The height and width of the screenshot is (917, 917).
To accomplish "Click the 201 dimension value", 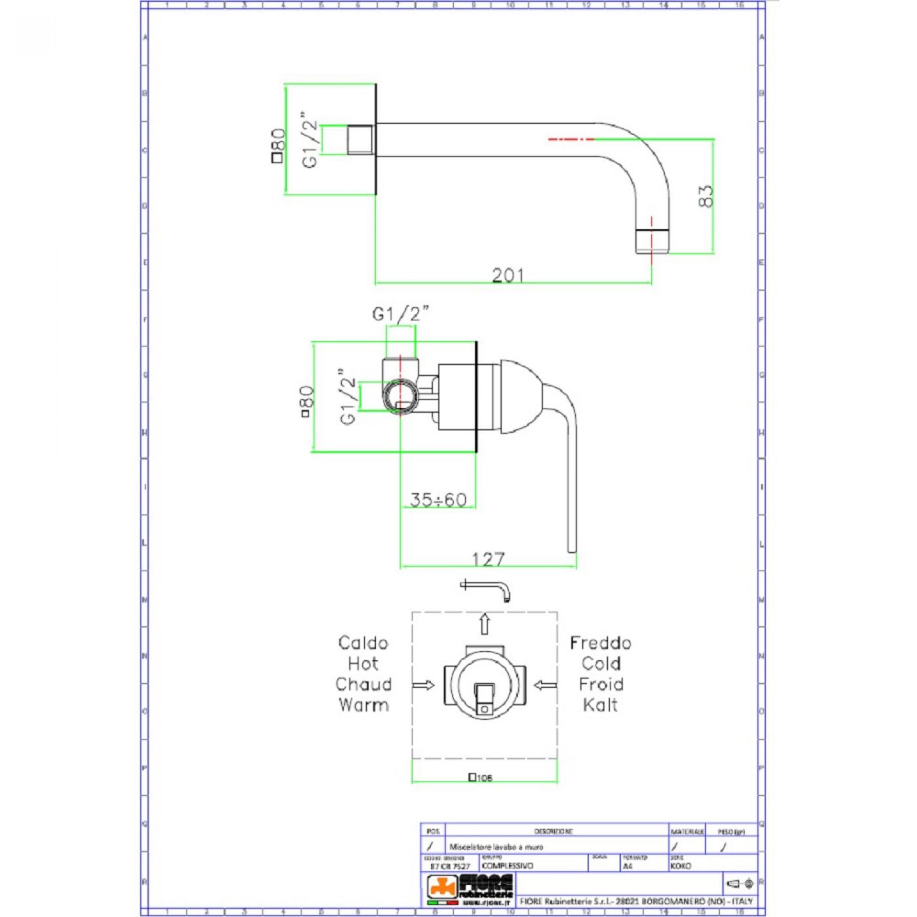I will tap(508, 275).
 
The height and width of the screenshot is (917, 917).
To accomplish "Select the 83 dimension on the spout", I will tap(705, 196).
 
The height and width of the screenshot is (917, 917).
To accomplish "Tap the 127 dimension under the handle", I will tap(489, 559).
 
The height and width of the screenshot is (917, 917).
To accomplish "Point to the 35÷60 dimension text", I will tap(438, 500).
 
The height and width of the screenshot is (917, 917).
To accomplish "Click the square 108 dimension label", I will tap(481, 777).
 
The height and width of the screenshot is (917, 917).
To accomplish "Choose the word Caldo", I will tap(363, 643).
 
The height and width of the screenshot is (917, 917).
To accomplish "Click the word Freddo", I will tap(600, 643).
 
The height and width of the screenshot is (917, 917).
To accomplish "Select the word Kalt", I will tap(600, 705).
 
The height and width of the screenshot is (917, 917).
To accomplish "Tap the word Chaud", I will tap(363, 684).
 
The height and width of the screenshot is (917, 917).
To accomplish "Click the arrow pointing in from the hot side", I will tap(423, 685).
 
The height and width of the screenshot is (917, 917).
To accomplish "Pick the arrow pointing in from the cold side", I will tap(545, 685).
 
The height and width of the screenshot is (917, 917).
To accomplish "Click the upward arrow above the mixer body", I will tap(484, 624).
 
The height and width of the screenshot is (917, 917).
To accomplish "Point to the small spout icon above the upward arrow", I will tap(485, 588).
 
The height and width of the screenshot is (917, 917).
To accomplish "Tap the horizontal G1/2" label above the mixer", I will tap(400, 314).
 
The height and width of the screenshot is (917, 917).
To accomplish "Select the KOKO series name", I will tap(681, 866).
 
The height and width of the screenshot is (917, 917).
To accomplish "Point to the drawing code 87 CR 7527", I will tap(450, 866).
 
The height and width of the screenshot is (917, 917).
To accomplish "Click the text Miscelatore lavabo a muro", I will tap(496, 847).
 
